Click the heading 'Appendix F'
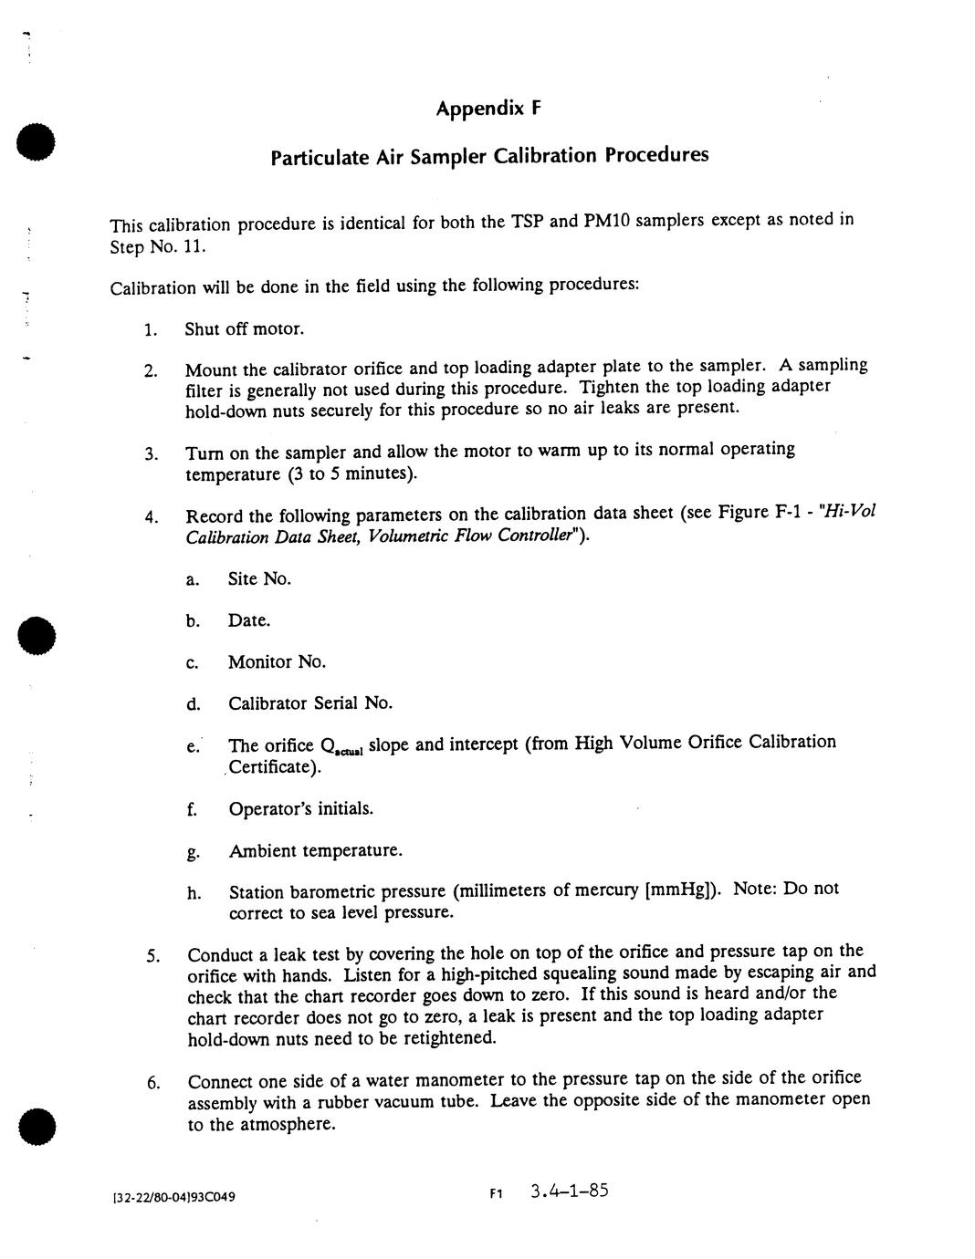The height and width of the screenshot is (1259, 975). pos(488,109)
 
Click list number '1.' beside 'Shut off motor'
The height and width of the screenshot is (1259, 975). pos(151,330)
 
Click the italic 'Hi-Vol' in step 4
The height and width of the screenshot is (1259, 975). pos(850,511)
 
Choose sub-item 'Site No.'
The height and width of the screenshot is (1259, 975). pos(259,578)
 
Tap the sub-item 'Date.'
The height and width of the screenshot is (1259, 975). pos(249,620)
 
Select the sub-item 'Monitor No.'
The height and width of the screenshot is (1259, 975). pos(277,661)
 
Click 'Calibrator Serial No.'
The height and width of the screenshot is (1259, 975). pos(310,702)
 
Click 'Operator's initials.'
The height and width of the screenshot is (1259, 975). pos(300,808)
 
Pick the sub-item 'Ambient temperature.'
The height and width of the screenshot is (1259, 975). pos(315,850)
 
